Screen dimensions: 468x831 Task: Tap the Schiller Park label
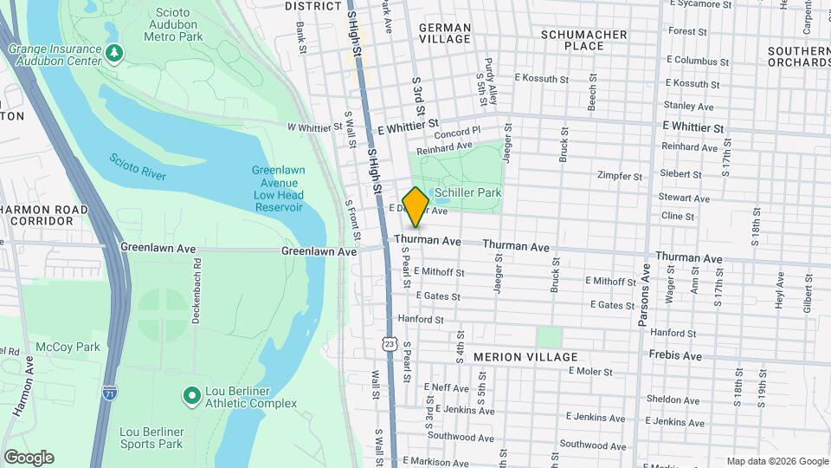[468, 192]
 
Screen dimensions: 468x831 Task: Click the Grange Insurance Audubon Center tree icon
[114, 55]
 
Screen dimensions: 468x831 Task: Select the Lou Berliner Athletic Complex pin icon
[191, 396]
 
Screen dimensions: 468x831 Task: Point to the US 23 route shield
[390, 344]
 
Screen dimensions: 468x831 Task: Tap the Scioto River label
[137, 167]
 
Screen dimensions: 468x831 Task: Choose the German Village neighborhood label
[445, 33]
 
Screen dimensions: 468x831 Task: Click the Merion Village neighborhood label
[525, 357]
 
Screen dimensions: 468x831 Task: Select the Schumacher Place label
[583, 39]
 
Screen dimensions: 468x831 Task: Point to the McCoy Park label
[68, 348]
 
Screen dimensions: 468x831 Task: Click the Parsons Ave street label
[644, 295]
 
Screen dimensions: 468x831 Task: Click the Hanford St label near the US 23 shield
[422, 320]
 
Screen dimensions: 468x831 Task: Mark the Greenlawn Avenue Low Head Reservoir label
[278, 189]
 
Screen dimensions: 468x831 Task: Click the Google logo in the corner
[29, 458]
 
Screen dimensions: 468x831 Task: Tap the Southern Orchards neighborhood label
[799, 56]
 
